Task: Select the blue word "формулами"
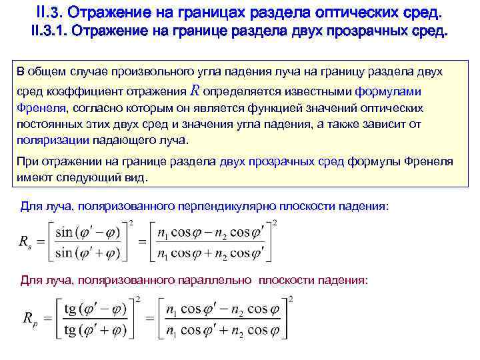coord(383,92)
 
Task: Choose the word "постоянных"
coord(46,125)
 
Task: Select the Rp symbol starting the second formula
coord(29,320)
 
